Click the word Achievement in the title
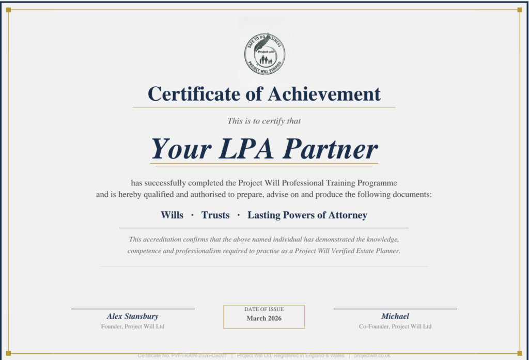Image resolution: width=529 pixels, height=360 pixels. point(324,94)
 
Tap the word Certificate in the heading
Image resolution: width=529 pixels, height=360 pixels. point(194,94)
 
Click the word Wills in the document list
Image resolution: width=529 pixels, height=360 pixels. point(172,215)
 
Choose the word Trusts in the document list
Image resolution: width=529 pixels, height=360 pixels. point(215,215)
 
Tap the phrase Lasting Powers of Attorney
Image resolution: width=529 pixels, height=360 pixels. point(307,215)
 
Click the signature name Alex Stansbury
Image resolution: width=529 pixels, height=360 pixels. point(133,316)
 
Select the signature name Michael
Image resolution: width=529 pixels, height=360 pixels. point(395,316)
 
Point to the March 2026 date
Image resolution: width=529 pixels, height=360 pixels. point(264,318)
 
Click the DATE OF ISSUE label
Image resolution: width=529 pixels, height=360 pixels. point(264,309)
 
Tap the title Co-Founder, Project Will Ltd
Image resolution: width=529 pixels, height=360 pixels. point(395,326)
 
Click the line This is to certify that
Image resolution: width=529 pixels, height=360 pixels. point(264,121)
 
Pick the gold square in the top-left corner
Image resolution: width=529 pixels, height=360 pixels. point(9,9)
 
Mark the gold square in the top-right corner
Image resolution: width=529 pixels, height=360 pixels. point(520,9)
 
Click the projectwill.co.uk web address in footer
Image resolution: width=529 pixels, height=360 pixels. point(372,356)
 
